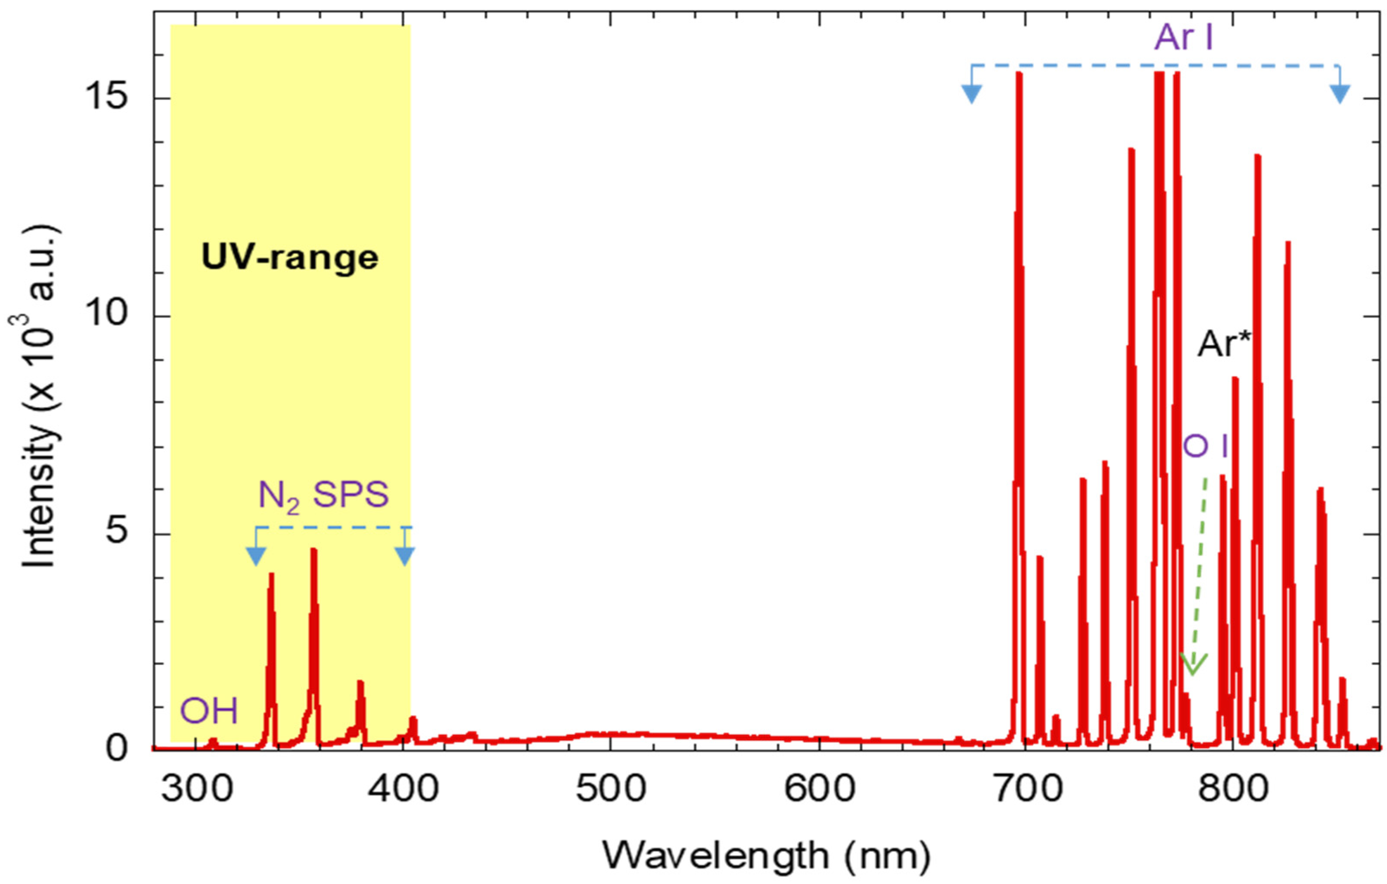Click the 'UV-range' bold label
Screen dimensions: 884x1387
point(290,257)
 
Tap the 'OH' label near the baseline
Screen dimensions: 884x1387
point(209,711)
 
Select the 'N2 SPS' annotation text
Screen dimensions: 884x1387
point(323,495)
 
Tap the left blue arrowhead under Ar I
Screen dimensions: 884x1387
point(972,93)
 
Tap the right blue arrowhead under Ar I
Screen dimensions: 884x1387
point(1340,93)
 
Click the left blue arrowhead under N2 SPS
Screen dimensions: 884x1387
point(256,556)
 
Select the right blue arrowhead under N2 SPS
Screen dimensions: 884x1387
point(405,556)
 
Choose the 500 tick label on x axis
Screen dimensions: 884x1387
point(611,789)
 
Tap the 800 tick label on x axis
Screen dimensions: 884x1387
point(1233,789)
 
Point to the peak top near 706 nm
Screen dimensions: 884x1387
point(1040,557)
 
